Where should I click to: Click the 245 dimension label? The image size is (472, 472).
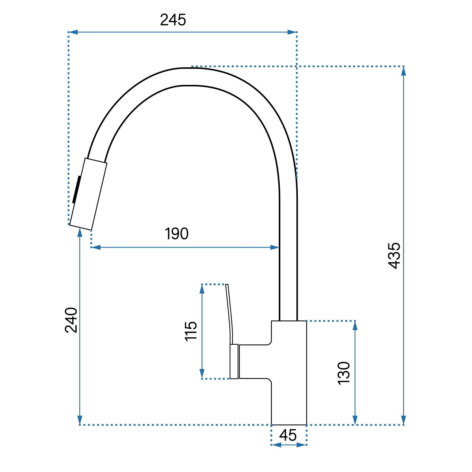173,20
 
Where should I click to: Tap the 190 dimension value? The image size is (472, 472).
177,234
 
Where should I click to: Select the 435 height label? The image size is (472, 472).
394,255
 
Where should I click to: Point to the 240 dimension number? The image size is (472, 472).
71,320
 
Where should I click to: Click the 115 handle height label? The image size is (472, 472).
191,331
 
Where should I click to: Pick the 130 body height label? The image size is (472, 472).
344,373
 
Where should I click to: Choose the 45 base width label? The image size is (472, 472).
288,435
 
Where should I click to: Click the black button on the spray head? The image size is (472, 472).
77,189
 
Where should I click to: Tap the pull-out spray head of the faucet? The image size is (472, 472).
88,194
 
